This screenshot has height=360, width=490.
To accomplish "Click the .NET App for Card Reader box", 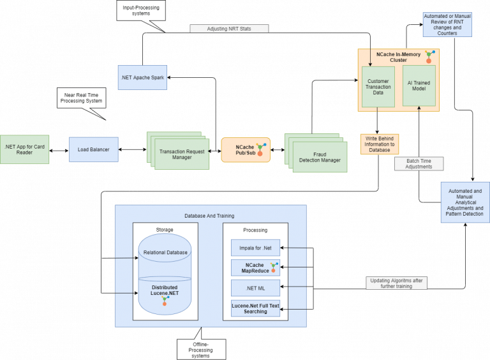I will [24, 150].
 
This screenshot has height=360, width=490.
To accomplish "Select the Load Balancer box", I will [94, 149].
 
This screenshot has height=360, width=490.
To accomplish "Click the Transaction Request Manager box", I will [182, 154].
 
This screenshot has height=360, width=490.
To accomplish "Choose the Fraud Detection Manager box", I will [320, 156].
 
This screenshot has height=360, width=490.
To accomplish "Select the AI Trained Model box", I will [419, 86].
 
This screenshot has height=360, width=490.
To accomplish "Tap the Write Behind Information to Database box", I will [379, 144].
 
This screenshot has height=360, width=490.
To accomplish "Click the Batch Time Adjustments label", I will [419, 163].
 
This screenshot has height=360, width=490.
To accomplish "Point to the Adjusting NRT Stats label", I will [229, 29].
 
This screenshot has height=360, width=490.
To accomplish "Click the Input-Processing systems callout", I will [140, 10].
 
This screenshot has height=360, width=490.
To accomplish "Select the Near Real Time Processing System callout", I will [81, 97].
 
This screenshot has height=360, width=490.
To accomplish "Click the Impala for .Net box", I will [255, 247].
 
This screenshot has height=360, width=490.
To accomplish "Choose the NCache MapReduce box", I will [255, 268].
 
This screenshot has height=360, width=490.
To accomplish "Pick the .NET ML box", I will [255, 289].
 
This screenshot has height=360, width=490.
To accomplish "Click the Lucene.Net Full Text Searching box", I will [255, 309].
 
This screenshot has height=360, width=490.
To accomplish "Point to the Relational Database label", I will [165, 252].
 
